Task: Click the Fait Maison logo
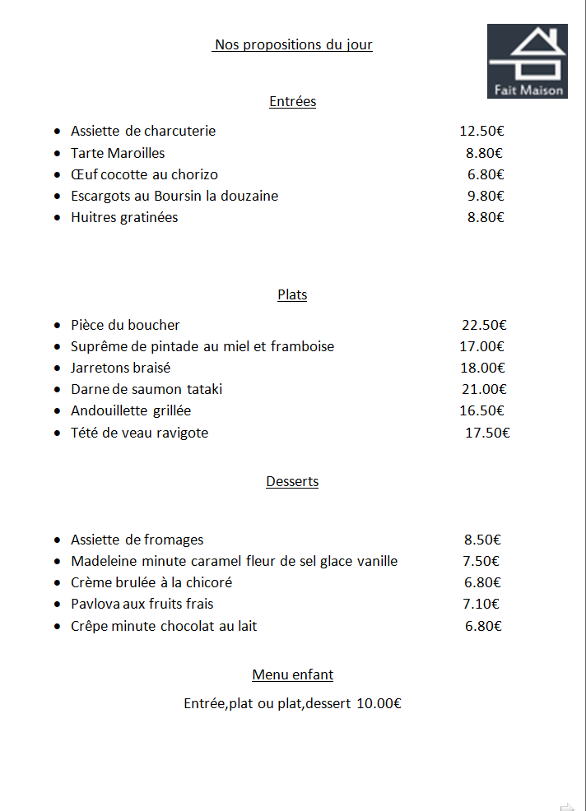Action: [527, 61]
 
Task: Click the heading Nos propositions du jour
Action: [293, 44]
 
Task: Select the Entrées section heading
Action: [292, 101]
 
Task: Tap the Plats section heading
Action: [292, 294]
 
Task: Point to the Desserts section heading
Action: [292, 481]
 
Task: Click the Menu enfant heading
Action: [292, 674]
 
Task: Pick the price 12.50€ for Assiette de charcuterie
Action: [481, 131]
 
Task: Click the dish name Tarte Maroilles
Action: [118, 153]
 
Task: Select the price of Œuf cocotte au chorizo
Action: [486, 174]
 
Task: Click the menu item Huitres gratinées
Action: [124, 217]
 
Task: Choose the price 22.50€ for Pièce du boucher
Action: [484, 325]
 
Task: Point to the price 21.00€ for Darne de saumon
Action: [484, 389]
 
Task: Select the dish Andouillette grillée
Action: [131, 410]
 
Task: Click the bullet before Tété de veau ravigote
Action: [57, 433]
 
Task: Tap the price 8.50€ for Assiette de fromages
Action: [482, 540]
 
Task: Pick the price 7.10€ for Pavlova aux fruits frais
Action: [482, 604]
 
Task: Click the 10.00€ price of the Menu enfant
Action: [379, 703]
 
